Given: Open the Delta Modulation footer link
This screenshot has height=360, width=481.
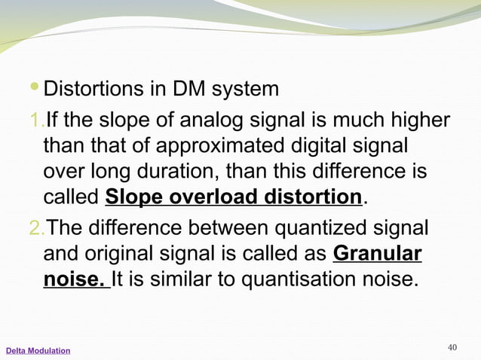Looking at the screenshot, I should coord(38,351).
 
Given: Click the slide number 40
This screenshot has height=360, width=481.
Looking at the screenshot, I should coord(452,347).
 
